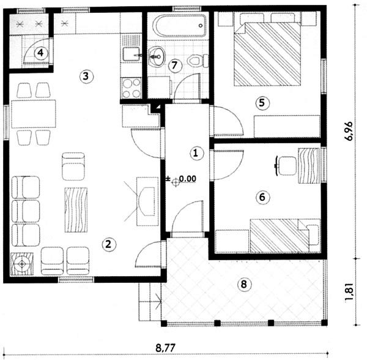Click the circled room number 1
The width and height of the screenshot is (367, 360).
[x=196, y=153]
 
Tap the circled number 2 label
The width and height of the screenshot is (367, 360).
[x=109, y=244]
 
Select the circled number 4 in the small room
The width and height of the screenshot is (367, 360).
[x=41, y=53]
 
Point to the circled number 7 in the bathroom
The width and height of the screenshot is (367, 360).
[x=175, y=65]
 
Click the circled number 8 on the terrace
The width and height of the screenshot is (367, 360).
[x=244, y=284]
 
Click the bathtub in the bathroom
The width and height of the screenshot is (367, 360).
[x=180, y=26]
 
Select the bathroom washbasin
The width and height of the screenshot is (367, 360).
[x=157, y=56]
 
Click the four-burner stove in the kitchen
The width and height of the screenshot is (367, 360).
[x=131, y=88]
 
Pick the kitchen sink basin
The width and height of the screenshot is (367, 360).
[x=131, y=54]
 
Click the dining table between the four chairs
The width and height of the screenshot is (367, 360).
[x=34, y=114]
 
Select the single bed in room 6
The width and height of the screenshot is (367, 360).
[x=285, y=236]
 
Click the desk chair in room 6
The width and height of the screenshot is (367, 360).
[x=286, y=166]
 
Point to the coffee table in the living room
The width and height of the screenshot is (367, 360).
[x=76, y=209]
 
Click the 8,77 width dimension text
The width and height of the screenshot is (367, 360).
[x=165, y=348]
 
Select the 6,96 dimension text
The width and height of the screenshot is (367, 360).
[x=349, y=131]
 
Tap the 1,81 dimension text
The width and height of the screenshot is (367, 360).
[x=350, y=293]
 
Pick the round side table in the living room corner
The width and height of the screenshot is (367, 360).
[x=22, y=264]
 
